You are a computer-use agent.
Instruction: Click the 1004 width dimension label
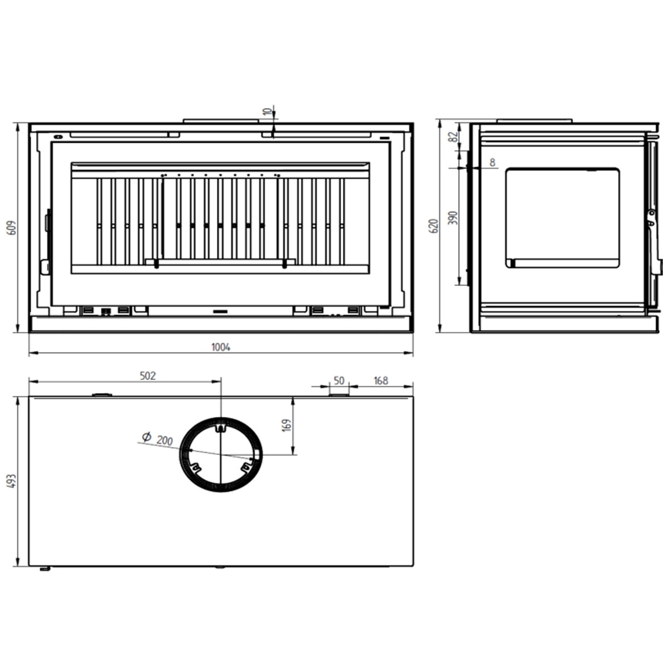coord(221,347)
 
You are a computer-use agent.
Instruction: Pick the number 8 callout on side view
coord(492,163)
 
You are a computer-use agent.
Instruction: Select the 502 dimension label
coord(147,376)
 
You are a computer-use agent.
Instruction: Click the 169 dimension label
coord(287,425)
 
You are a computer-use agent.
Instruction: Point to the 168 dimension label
coord(381,381)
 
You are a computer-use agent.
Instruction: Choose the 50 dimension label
coord(339,380)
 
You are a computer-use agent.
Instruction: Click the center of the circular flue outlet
coord(221,454)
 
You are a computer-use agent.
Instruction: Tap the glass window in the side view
coord(562,218)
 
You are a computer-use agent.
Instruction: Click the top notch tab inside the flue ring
coord(221,428)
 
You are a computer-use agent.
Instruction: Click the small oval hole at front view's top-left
coord(57,136)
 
